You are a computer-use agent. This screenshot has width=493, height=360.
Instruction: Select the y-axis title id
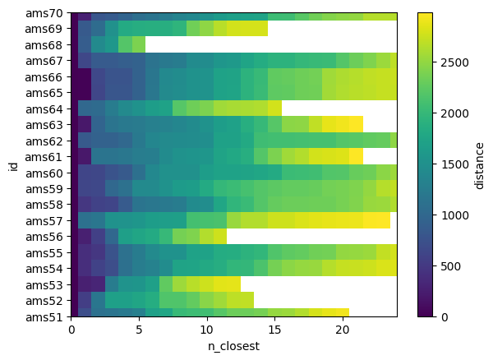(x=12, y=165)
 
